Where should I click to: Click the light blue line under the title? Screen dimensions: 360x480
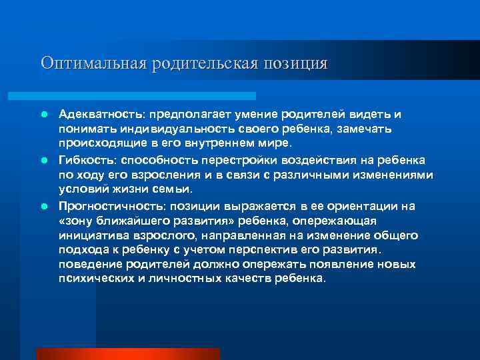coord(147,96)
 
